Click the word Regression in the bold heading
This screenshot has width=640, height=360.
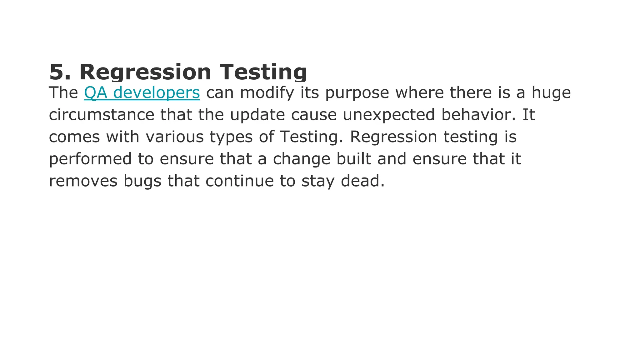click(x=145, y=72)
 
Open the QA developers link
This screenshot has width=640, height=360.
click(x=142, y=93)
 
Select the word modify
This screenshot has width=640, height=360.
click(x=267, y=93)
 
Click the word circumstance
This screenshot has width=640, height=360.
click(x=102, y=115)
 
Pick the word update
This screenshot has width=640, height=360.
click(x=257, y=115)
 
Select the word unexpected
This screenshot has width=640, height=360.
click(x=389, y=115)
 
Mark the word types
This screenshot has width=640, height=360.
click(x=231, y=137)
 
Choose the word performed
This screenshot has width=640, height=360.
click(x=91, y=159)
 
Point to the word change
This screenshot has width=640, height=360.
click(x=302, y=159)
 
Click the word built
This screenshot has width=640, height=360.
click(x=354, y=159)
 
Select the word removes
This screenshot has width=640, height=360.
click(x=83, y=181)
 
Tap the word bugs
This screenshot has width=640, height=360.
click(x=142, y=181)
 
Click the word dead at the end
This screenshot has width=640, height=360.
click(x=362, y=181)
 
